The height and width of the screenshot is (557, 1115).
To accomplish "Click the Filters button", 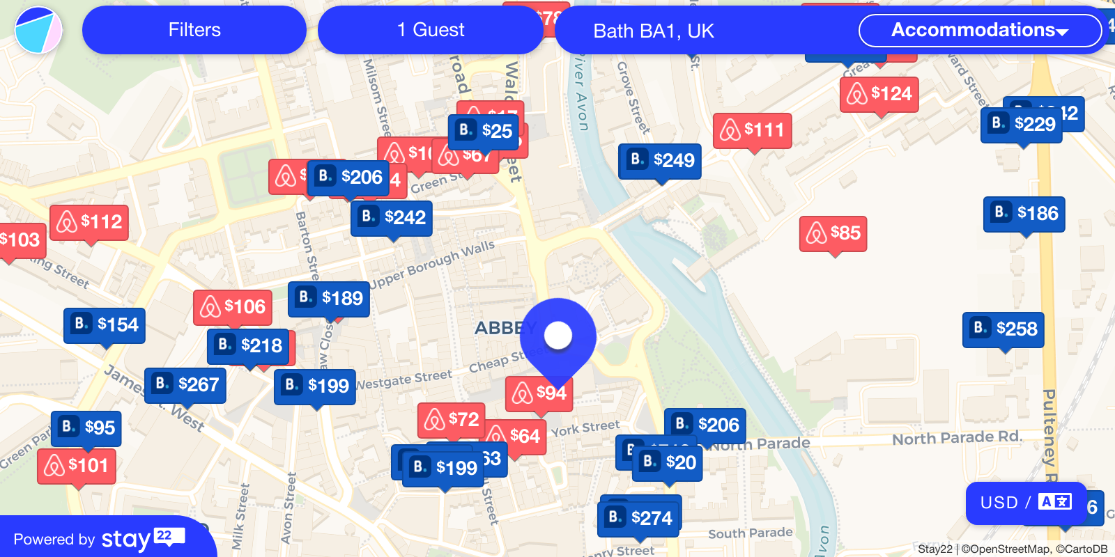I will [x=194, y=30].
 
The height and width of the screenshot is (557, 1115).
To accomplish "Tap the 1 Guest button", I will [x=430, y=30].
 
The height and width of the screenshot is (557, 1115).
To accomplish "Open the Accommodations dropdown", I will [x=979, y=30].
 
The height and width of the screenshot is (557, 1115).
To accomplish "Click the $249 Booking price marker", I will [x=659, y=161].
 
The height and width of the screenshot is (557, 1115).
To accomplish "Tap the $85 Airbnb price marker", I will [x=833, y=233].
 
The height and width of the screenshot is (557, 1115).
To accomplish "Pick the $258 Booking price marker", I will [x=1003, y=329].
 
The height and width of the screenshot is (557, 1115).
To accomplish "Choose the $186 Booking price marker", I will [x=1024, y=214].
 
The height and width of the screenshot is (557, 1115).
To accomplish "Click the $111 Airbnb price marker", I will [x=752, y=130].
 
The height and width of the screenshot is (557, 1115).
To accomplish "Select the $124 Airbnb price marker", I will [x=879, y=94].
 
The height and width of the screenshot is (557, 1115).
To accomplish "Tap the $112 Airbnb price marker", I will [x=89, y=222].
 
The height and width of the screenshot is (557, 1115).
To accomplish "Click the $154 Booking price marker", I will [x=104, y=325].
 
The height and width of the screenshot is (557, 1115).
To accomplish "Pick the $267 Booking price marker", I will [x=185, y=385].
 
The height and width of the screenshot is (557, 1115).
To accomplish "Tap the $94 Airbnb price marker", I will [x=539, y=393].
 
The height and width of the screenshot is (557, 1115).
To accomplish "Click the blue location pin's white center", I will [x=558, y=336].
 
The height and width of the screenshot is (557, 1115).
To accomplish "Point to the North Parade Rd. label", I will [x=957, y=438].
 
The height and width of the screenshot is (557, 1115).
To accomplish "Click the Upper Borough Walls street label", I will [x=432, y=265].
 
